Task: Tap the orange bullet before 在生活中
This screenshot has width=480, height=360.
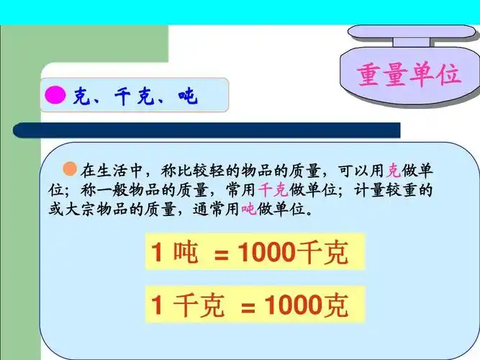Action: pos(70,169)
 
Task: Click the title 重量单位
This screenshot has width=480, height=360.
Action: pos(408,74)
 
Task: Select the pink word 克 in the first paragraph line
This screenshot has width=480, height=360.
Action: pos(393,171)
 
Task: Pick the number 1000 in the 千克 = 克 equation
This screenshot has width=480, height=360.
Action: pos(292,305)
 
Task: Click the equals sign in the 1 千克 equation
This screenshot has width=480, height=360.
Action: pos(248,306)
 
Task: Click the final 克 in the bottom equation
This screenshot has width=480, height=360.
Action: pos(335,305)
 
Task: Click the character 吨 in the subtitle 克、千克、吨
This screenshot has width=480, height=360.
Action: pos(189,96)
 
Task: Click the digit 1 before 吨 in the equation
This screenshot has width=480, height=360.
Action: pos(157,253)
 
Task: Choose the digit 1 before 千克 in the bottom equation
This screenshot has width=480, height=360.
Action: pos(157,306)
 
